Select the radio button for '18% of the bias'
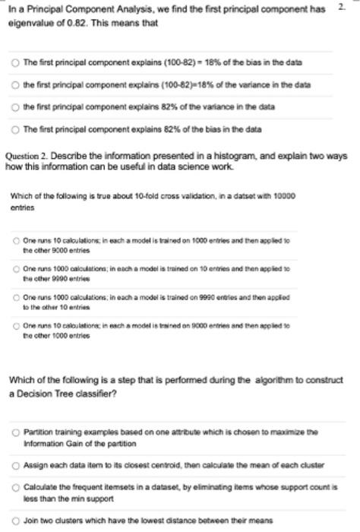point(15,61)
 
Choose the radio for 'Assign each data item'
point(15,463)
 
